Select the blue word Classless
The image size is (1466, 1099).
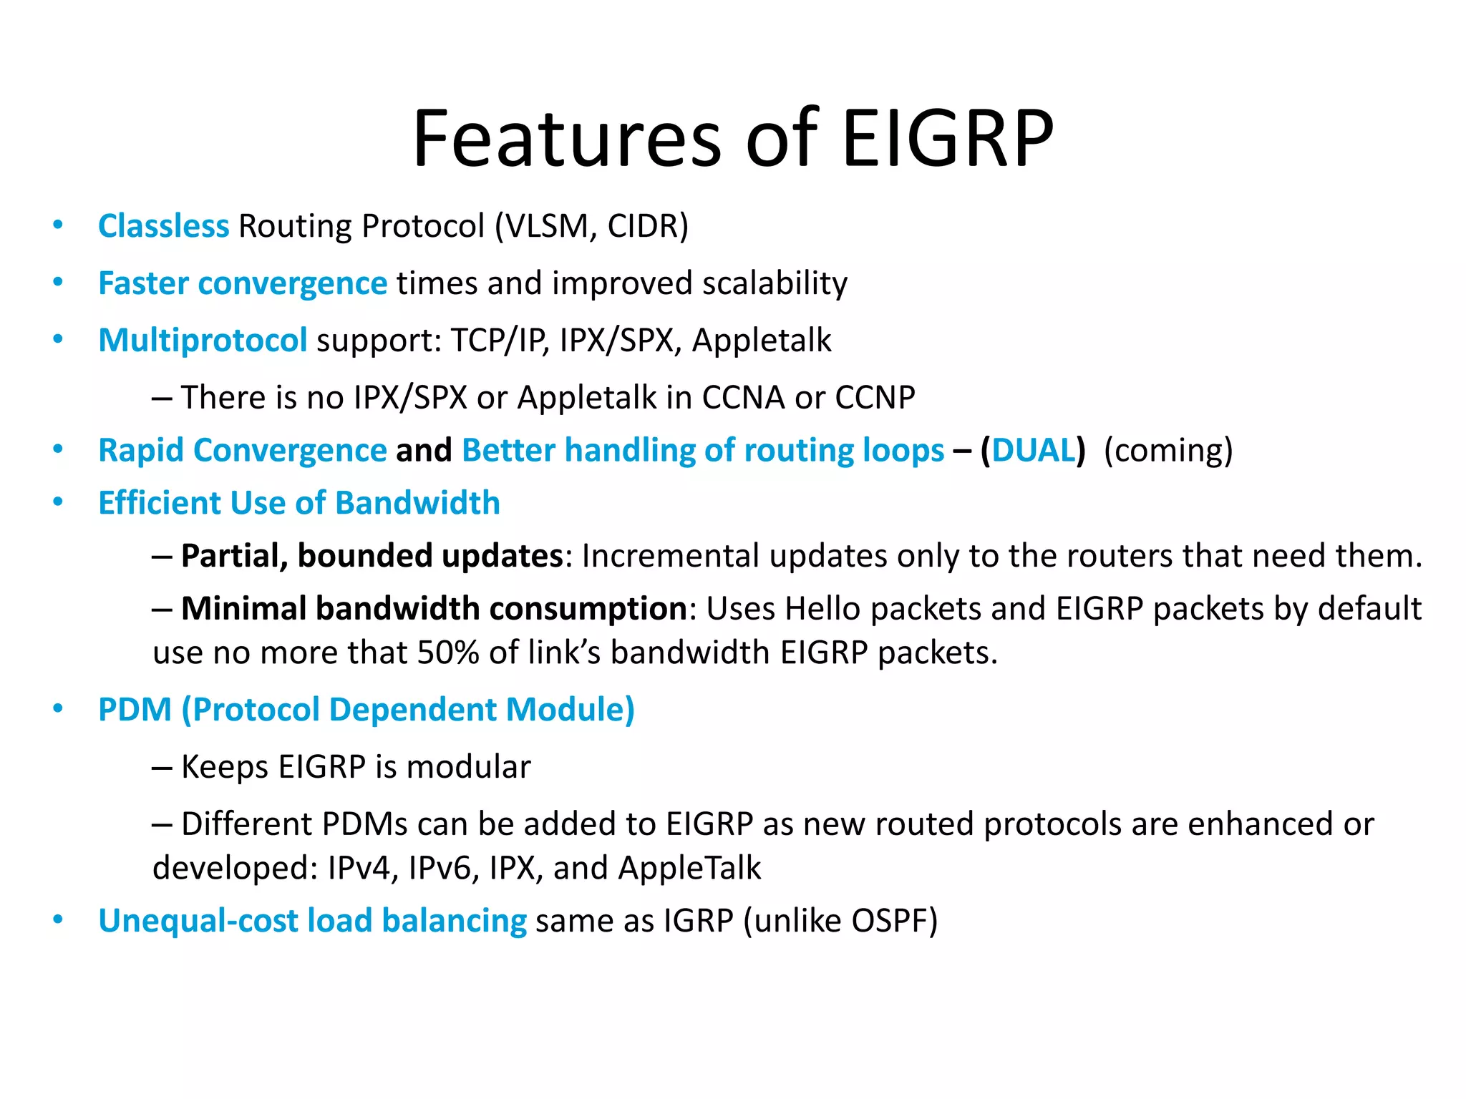pyautogui.click(x=163, y=226)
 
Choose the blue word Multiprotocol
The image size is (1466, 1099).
pyautogui.click(x=203, y=341)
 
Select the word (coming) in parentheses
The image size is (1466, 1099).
pyautogui.click(x=1168, y=451)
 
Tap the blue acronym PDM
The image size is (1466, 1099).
pyautogui.click(x=135, y=710)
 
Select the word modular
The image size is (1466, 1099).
pyautogui.click(x=469, y=767)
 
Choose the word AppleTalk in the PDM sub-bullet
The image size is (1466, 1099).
pyautogui.click(x=689, y=868)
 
